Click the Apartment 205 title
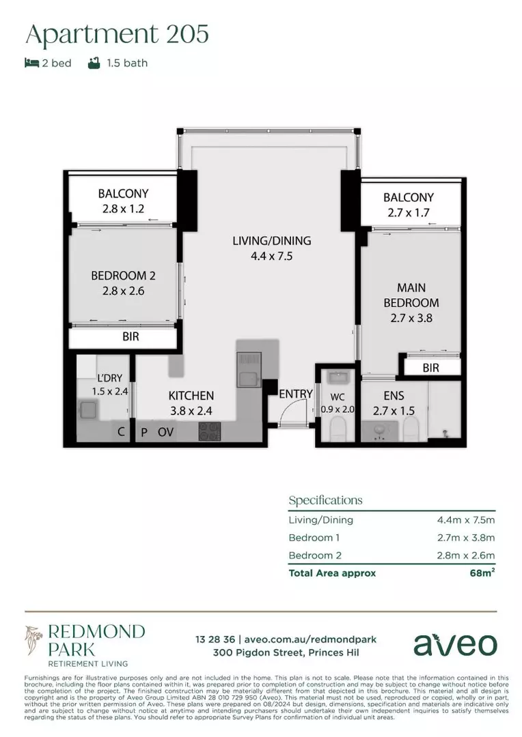tap(117, 34)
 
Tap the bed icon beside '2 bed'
tap(31, 63)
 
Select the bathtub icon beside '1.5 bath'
tap(94, 63)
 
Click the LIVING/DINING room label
tap(271, 241)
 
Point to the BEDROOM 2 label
tap(124, 276)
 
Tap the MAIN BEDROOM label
tap(411, 295)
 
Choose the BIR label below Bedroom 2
tap(132, 336)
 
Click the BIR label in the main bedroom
tap(430, 368)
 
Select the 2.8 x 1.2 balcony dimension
tap(123, 209)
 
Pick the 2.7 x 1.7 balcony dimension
tap(408, 212)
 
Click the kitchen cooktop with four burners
tap(210, 431)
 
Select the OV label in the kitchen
tap(165, 432)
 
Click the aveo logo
tap(455, 644)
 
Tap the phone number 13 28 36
tap(215, 639)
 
